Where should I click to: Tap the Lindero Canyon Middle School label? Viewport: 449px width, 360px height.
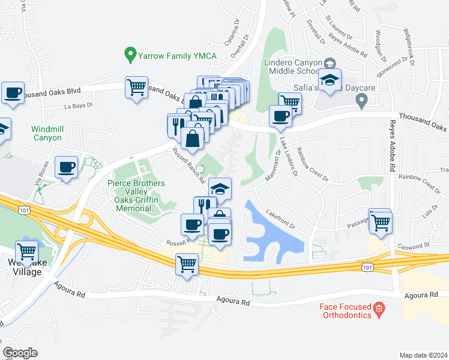(x=293, y=67)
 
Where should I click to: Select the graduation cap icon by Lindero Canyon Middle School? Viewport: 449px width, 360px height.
(x=330, y=80)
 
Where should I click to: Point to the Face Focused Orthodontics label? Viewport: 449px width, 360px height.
(x=343, y=310)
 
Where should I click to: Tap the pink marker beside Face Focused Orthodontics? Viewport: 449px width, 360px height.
(x=379, y=310)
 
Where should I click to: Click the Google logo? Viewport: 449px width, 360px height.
(x=20, y=352)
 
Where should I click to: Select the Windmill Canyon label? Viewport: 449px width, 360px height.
(x=47, y=133)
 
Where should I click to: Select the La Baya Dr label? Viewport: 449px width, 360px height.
(x=79, y=105)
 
